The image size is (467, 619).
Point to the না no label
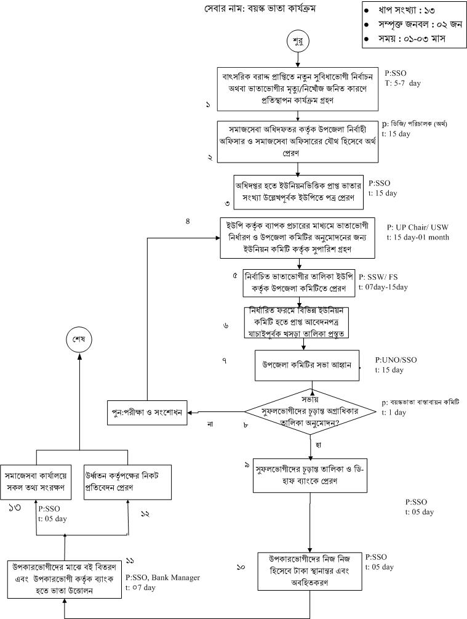[210, 424]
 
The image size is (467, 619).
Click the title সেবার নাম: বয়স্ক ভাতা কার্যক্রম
[263, 10]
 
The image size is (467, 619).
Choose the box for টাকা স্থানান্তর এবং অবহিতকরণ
[310, 571]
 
